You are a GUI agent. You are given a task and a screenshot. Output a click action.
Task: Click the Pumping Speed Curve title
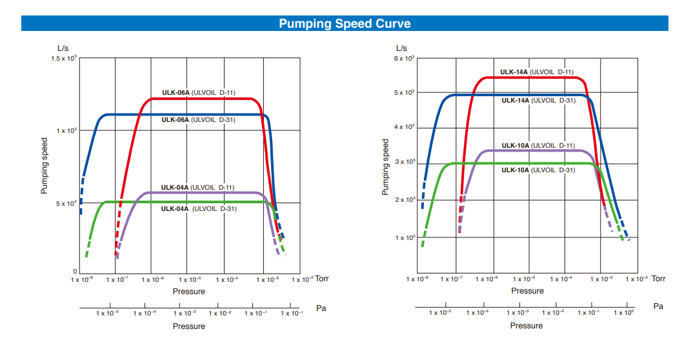tap(345, 24)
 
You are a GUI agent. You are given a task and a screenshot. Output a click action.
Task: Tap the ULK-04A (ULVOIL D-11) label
tap(197, 188)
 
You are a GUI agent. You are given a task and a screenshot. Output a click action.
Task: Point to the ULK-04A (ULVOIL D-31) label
tap(197, 208)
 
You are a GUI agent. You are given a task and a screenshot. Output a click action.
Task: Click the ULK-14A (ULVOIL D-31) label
tap(538, 101)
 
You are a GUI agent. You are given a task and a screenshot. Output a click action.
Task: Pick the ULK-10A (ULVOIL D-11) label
tap(538, 146)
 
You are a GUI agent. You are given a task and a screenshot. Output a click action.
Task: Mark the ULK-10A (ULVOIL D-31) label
tap(538, 170)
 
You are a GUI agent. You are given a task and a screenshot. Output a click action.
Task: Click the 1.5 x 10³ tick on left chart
tap(64, 59)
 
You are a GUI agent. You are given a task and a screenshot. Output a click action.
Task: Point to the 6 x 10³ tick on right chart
tap(405, 59)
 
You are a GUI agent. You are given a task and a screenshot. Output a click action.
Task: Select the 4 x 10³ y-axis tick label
tap(405, 127)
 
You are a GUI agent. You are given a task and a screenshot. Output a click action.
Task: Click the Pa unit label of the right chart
tap(658, 306)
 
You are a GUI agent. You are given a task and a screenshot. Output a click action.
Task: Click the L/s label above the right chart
tap(401, 48)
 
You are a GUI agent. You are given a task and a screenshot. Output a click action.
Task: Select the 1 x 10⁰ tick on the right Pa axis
tap(623, 313)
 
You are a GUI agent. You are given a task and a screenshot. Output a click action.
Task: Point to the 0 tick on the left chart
tap(75, 272)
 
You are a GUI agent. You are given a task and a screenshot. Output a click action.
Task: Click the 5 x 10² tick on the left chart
tap(66, 203)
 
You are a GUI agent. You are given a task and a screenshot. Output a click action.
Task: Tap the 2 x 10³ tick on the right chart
tap(405, 200)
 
